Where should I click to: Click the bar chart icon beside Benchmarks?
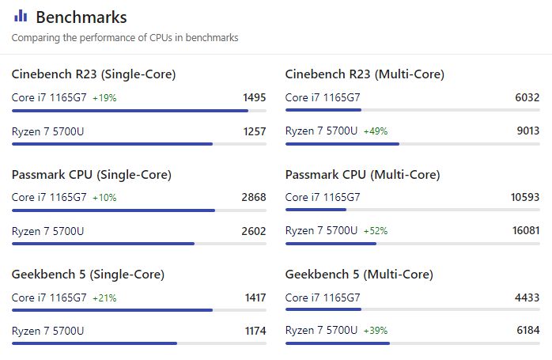click(x=21, y=16)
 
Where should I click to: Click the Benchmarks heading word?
click(x=81, y=17)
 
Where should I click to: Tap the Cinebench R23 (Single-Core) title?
click(x=93, y=74)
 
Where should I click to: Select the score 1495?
click(x=254, y=98)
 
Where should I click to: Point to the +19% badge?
click(x=104, y=98)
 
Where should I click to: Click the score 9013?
click(x=527, y=131)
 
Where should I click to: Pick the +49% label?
click(x=376, y=131)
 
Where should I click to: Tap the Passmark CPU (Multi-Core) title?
click(x=362, y=175)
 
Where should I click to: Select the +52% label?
click(x=376, y=231)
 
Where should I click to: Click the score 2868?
click(x=254, y=198)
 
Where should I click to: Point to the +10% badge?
click(x=104, y=198)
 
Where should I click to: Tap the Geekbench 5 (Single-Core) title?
click(x=88, y=275)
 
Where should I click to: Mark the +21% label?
click(x=104, y=298)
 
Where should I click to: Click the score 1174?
click(x=254, y=331)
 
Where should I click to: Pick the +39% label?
click(x=376, y=331)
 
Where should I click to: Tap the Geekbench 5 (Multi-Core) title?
click(x=359, y=275)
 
